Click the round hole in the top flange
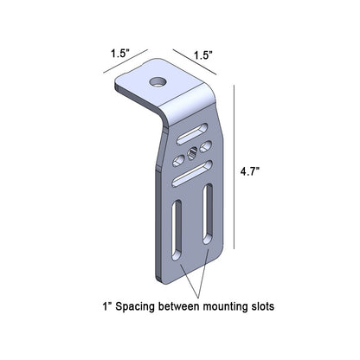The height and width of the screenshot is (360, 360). pos(157,82)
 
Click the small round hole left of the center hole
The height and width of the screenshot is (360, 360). pos(179,158)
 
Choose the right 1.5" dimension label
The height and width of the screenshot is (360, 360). pos(202,54)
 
